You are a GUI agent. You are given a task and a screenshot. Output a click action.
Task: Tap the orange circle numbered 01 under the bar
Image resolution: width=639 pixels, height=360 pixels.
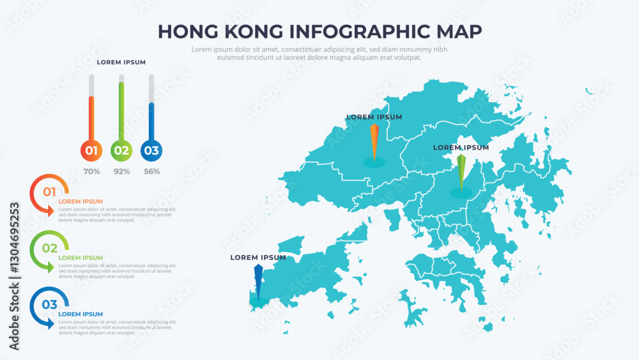(91, 151)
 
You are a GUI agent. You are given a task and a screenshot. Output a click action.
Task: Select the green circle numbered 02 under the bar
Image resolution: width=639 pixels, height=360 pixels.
(121, 151)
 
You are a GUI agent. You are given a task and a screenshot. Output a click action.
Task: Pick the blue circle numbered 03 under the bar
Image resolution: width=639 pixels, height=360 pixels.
(151, 151)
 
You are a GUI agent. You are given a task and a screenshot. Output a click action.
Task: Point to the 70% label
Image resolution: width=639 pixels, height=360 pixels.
(91, 171)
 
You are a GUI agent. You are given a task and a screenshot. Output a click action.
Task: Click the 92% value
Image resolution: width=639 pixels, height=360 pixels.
(121, 171)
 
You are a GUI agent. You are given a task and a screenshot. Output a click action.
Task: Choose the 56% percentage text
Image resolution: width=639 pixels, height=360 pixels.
(151, 171)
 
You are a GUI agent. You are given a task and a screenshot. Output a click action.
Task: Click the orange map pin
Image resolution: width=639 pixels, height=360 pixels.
(374, 141)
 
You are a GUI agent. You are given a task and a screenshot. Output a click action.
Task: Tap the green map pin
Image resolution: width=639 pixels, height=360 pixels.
(461, 171)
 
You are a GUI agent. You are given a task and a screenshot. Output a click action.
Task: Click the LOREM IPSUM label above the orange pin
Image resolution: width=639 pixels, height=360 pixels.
(374, 117)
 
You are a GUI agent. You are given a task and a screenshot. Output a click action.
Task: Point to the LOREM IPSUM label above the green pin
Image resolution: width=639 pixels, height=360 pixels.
(461, 148)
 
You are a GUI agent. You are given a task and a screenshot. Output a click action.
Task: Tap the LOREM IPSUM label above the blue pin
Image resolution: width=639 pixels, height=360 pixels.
(258, 258)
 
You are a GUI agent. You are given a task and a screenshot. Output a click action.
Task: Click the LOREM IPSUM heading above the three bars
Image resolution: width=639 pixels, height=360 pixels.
(121, 62)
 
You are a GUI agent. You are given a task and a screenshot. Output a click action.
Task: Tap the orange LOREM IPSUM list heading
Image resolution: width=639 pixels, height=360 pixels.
(81, 201)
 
